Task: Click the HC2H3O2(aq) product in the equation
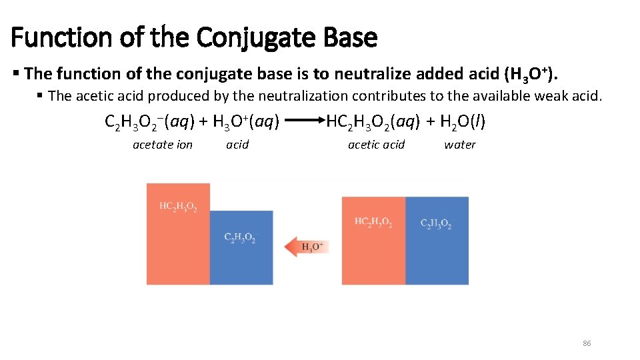373,122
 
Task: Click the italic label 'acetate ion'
163,145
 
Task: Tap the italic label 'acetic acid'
376,145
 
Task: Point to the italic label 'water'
460,145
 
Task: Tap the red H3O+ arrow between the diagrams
307,247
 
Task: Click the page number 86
587,343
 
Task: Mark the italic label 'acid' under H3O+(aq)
237,145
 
